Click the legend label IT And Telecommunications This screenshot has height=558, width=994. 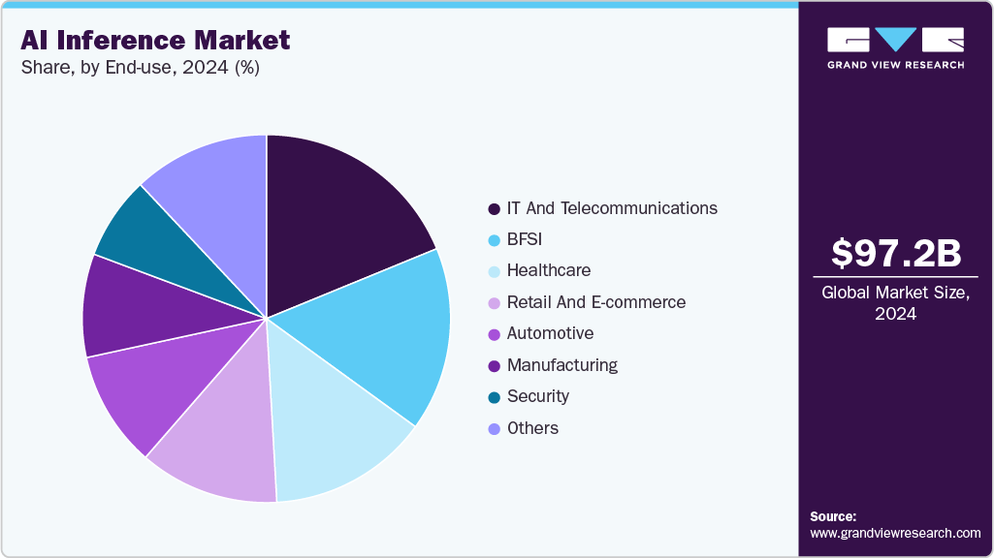pyautogui.click(x=612, y=208)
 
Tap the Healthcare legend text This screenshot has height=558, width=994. pyautogui.click(x=549, y=270)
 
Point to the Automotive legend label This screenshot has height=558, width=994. pyautogui.click(x=550, y=333)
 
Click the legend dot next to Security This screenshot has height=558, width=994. pyautogui.click(x=495, y=397)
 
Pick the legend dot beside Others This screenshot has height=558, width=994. pyautogui.click(x=495, y=428)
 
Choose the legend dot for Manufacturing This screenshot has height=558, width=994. pyautogui.click(x=495, y=365)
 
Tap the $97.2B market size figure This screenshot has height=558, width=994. pyautogui.click(x=896, y=254)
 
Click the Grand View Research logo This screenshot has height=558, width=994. pyautogui.click(x=895, y=47)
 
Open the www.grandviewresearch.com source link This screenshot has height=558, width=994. pyautogui.click(x=895, y=533)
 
